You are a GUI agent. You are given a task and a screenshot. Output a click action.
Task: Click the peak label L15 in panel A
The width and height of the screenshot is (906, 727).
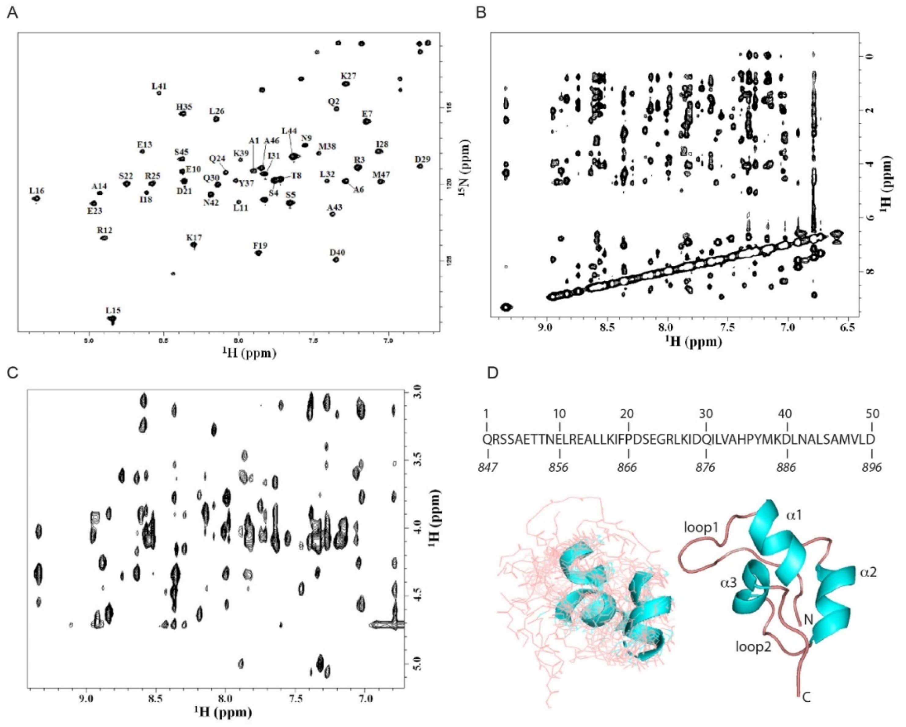(113, 311)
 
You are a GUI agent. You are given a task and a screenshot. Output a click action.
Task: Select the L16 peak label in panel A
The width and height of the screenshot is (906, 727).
(37, 191)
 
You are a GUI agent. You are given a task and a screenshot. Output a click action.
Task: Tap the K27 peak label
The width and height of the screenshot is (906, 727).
(348, 76)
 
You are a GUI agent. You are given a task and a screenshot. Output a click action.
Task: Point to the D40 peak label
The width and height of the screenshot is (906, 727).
(337, 252)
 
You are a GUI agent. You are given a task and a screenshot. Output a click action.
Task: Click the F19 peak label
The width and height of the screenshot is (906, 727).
(260, 246)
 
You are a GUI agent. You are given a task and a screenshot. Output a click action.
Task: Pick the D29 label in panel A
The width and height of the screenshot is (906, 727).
(422, 159)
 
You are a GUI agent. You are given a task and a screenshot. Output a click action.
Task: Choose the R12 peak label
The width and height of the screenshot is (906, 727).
(104, 231)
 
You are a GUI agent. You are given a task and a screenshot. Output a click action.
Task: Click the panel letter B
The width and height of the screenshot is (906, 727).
(481, 13)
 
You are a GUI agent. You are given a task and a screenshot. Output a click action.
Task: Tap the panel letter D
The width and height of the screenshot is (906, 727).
(492, 373)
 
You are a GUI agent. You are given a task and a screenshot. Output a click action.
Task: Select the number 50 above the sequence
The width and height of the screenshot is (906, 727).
(872, 414)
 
